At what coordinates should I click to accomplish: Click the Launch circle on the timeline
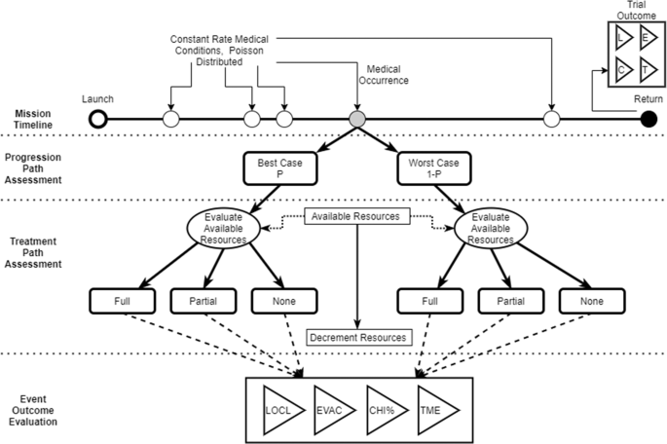tap(97, 120)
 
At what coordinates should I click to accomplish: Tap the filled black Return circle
tap(649, 120)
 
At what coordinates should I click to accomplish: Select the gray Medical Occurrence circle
tap(357, 120)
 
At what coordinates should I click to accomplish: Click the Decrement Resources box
tap(355, 337)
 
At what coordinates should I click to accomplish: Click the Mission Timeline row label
tap(36, 120)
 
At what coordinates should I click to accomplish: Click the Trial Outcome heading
tap(631, 12)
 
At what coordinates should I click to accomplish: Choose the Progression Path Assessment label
tap(36, 168)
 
